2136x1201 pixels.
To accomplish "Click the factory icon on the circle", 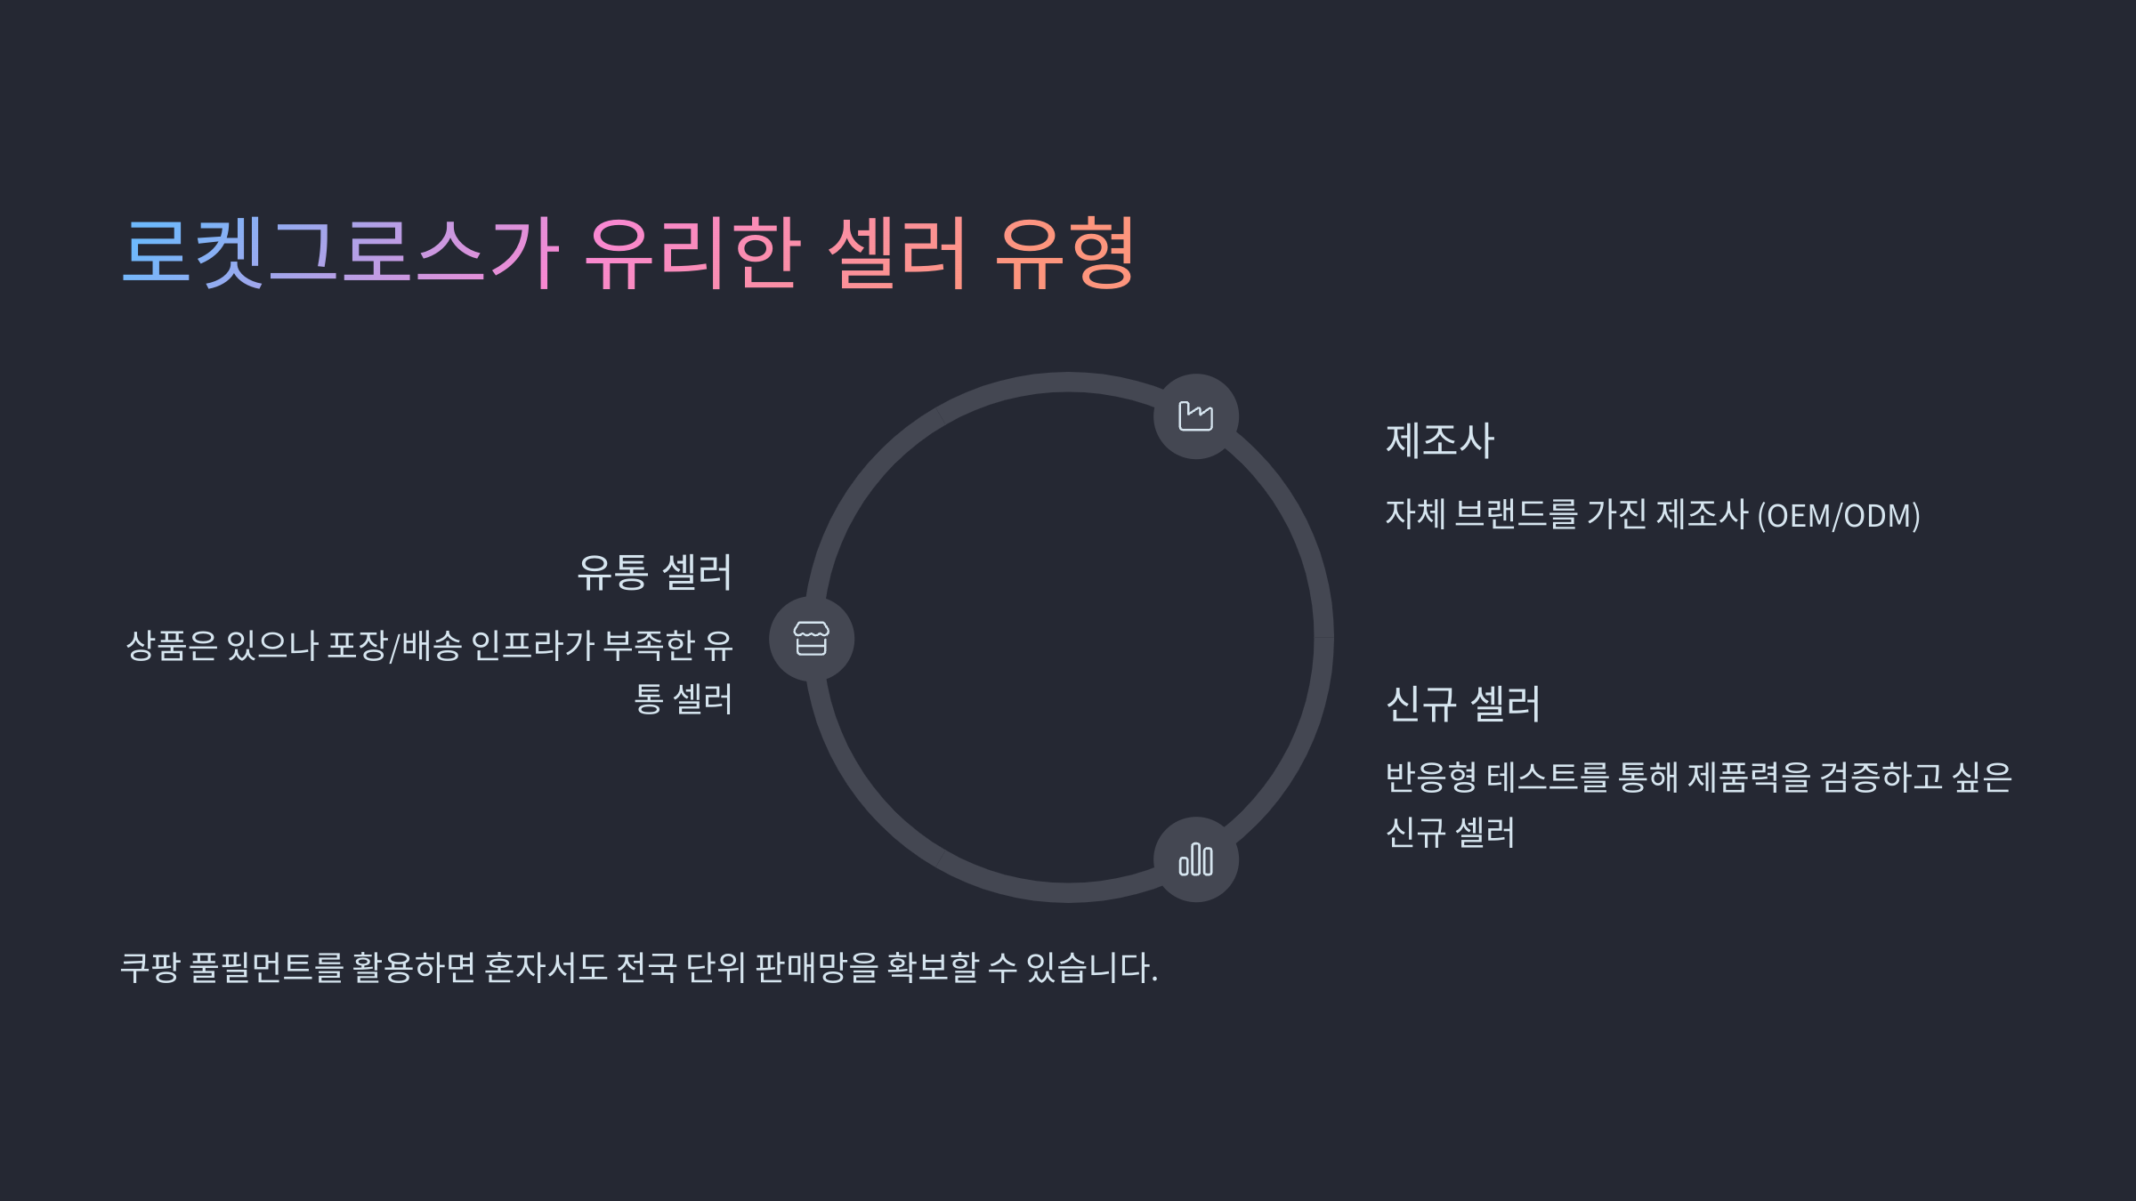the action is pyautogui.click(x=1195, y=416).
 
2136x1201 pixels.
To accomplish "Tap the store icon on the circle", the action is pyautogui.click(x=811, y=639).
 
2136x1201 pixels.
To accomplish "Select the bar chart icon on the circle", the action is pyautogui.click(x=1195, y=859).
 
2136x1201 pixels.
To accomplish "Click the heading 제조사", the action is pyautogui.click(x=1439, y=440).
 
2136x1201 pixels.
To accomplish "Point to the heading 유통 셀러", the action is pyautogui.click(x=654, y=572).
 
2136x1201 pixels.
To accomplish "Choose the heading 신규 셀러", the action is pyautogui.click(x=1462, y=704).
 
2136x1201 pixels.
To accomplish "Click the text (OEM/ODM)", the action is pyautogui.click(x=1838, y=516).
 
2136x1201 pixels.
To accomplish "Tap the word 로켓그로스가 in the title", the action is pyautogui.click(x=341, y=253).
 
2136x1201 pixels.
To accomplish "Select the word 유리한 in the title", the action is pyautogui.click(x=693, y=253).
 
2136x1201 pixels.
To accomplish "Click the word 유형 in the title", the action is pyautogui.click(x=1064, y=253).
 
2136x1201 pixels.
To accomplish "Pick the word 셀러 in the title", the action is pyautogui.click(x=897, y=253).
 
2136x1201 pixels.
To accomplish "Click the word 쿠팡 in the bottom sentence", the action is pyautogui.click(x=150, y=967).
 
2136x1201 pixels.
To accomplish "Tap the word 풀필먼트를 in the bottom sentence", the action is pyautogui.click(x=266, y=967).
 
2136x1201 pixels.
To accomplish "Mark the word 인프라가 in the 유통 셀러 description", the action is pyautogui.click(x=531, y=645).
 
